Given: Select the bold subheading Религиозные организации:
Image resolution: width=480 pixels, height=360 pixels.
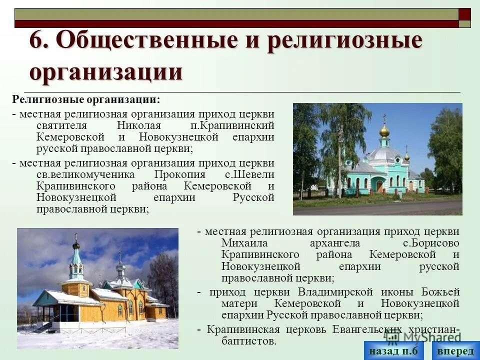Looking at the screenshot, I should [x=86, y=100].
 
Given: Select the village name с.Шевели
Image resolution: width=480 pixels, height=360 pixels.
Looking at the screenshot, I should [x=249, y=174].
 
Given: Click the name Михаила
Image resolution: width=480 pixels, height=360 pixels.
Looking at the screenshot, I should [x=242, y=243].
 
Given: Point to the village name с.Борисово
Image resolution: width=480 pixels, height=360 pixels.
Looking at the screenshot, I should [x=431, y=243].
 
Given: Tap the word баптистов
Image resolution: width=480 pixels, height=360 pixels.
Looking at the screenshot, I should [x=248, y=341].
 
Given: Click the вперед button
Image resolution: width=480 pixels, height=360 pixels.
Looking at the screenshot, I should [x=455, y=351].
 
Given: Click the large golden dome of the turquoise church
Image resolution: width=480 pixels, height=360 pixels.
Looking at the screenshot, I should [x=384, y=131].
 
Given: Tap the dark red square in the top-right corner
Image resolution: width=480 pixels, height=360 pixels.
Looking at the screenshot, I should [x=464, y=14].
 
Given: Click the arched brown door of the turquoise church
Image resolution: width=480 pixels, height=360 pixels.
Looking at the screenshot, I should [x=380, y=186].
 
